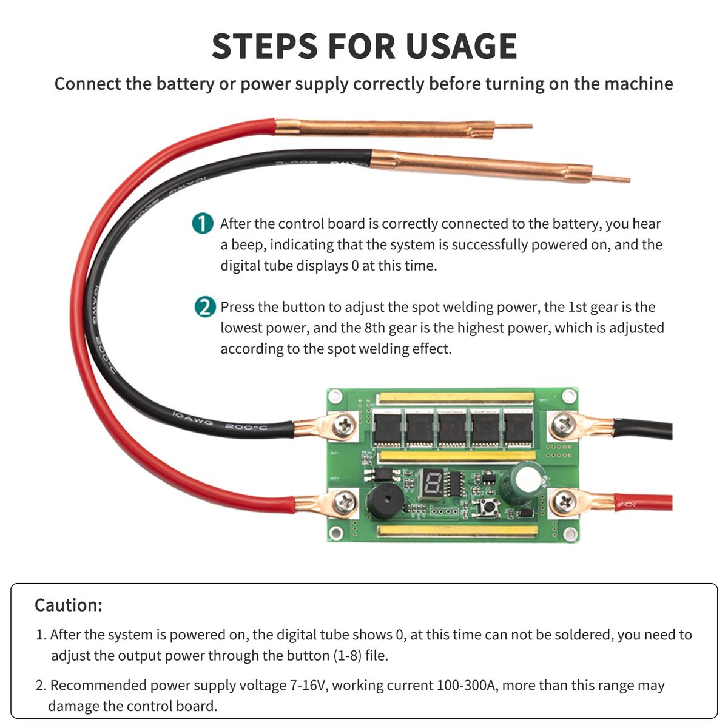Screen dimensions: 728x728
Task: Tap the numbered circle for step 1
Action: click(x=203, y=223)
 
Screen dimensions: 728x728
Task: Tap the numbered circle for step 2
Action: click(x=205, y=307)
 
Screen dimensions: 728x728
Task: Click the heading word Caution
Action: click(x=68, y=605)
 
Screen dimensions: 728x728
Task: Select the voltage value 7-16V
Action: click(x=308, y=686)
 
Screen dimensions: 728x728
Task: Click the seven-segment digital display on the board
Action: click(x=433, y=483)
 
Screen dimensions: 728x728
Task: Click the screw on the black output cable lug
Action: click(x=345, y=425)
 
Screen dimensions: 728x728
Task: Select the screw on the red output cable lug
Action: click(x=345, y=502)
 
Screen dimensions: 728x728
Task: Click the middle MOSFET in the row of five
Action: click(x=453, y=428)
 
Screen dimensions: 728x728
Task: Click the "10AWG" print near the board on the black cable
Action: click(x=193, y=418)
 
